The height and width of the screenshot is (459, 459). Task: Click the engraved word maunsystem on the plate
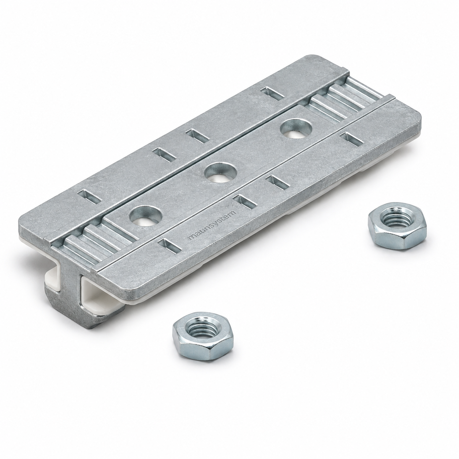point(212,225)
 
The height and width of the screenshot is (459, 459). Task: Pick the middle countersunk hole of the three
point(221,172)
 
